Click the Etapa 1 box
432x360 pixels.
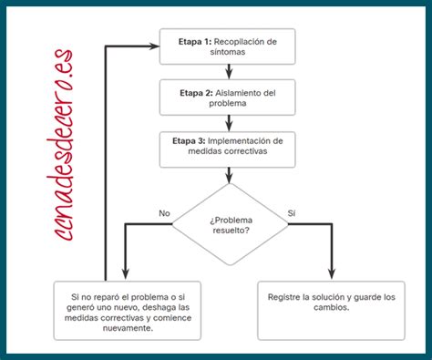point(228,46)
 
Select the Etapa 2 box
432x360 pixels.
point(228,98)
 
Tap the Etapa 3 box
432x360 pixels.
point(228,149)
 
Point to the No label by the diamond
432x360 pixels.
point(164,212)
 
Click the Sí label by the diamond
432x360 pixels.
point(292,212)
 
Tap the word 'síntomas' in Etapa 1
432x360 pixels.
point(228,53)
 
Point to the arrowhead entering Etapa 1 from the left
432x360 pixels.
point(154,46)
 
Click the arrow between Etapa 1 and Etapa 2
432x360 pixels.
point(228,72)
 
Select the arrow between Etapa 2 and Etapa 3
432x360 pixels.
point(228,124)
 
